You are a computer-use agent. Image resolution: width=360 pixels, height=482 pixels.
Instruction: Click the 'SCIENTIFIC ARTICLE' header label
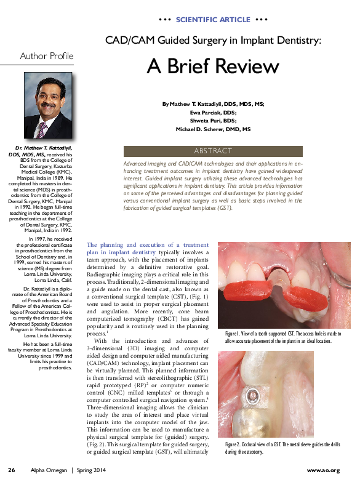click(213, 20)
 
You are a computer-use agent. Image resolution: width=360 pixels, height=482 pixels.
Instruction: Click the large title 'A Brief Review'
click(213, 66)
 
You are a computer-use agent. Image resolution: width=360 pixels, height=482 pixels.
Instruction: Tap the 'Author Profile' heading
click(47, 56)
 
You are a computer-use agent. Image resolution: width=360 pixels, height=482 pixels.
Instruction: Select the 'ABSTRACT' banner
click(213, 151)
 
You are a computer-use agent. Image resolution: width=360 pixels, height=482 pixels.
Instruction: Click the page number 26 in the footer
click(11, 470)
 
